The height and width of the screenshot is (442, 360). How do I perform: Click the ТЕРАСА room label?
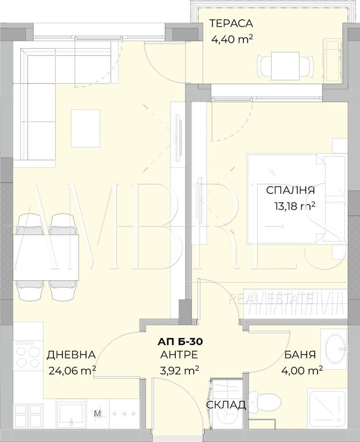click(x=231, y=23)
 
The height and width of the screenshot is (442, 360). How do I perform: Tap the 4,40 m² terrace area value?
click(x=231, y=39)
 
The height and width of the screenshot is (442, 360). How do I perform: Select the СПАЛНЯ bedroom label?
click(x=290, y=190)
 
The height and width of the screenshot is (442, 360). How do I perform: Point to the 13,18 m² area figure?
click(x=294, y=206)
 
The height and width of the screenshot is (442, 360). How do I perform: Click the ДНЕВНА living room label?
click(x=71, y=354)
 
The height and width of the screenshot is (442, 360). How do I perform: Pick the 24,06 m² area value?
click(x=72, y=370)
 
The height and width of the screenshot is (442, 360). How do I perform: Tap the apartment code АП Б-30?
click(x=180, y=342)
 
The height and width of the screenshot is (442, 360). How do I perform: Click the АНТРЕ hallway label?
click(x=179, y=354)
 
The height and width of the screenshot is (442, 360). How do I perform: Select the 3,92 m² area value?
click(x=179, y=370)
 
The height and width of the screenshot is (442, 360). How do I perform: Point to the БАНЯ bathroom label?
click(x=300, y=354)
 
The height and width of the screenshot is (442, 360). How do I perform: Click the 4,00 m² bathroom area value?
click(x=302, y=370)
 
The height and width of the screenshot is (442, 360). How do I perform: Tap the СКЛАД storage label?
click(x=226, y=405)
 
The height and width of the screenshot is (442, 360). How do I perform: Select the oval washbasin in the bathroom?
click(x=336, y=347)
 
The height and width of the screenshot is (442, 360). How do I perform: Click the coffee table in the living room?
click(x=86, y=128)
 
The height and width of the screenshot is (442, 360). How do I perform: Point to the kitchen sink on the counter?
click(x=71, y=414)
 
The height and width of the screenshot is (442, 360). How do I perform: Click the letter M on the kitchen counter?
click(x=97, y=414)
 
